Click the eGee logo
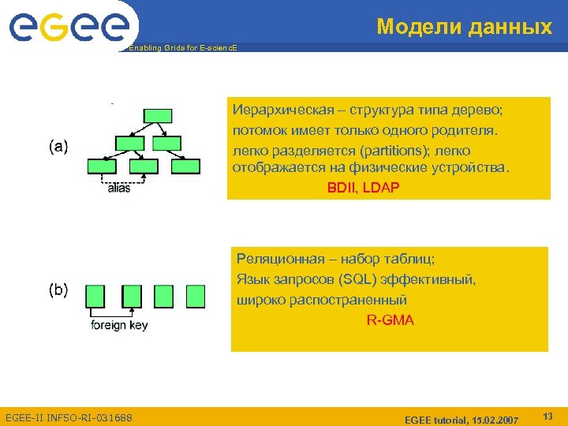coord(69,28)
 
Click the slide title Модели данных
coord(464,27)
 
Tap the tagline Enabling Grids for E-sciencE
coord(182,48)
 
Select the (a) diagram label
coord(58,146)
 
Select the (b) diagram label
coord(58,290)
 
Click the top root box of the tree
coord(159,115)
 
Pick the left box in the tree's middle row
coord(129,143)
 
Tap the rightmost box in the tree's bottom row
coord(188,166)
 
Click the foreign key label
coord(119,325)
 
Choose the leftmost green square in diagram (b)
coord(95,296)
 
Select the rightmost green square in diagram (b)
coord(195,296)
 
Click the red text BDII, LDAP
coord(363,188)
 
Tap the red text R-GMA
coord(390,320)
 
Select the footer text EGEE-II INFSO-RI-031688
coord(69,417)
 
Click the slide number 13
coord(547,415)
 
